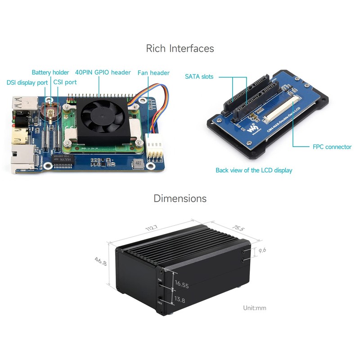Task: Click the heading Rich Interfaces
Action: point(180,48)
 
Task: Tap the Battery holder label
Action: point(50,72)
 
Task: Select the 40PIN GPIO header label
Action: point(103,72)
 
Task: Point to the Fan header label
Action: point(153,72)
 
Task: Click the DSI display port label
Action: point(27,82)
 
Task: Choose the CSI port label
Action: point(65,82)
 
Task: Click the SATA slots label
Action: point(199,76)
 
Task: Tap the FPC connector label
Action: point(332,147)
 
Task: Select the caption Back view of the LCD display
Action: point(254,170)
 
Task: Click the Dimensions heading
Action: point(180,198)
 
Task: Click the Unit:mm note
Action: point(255,308)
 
